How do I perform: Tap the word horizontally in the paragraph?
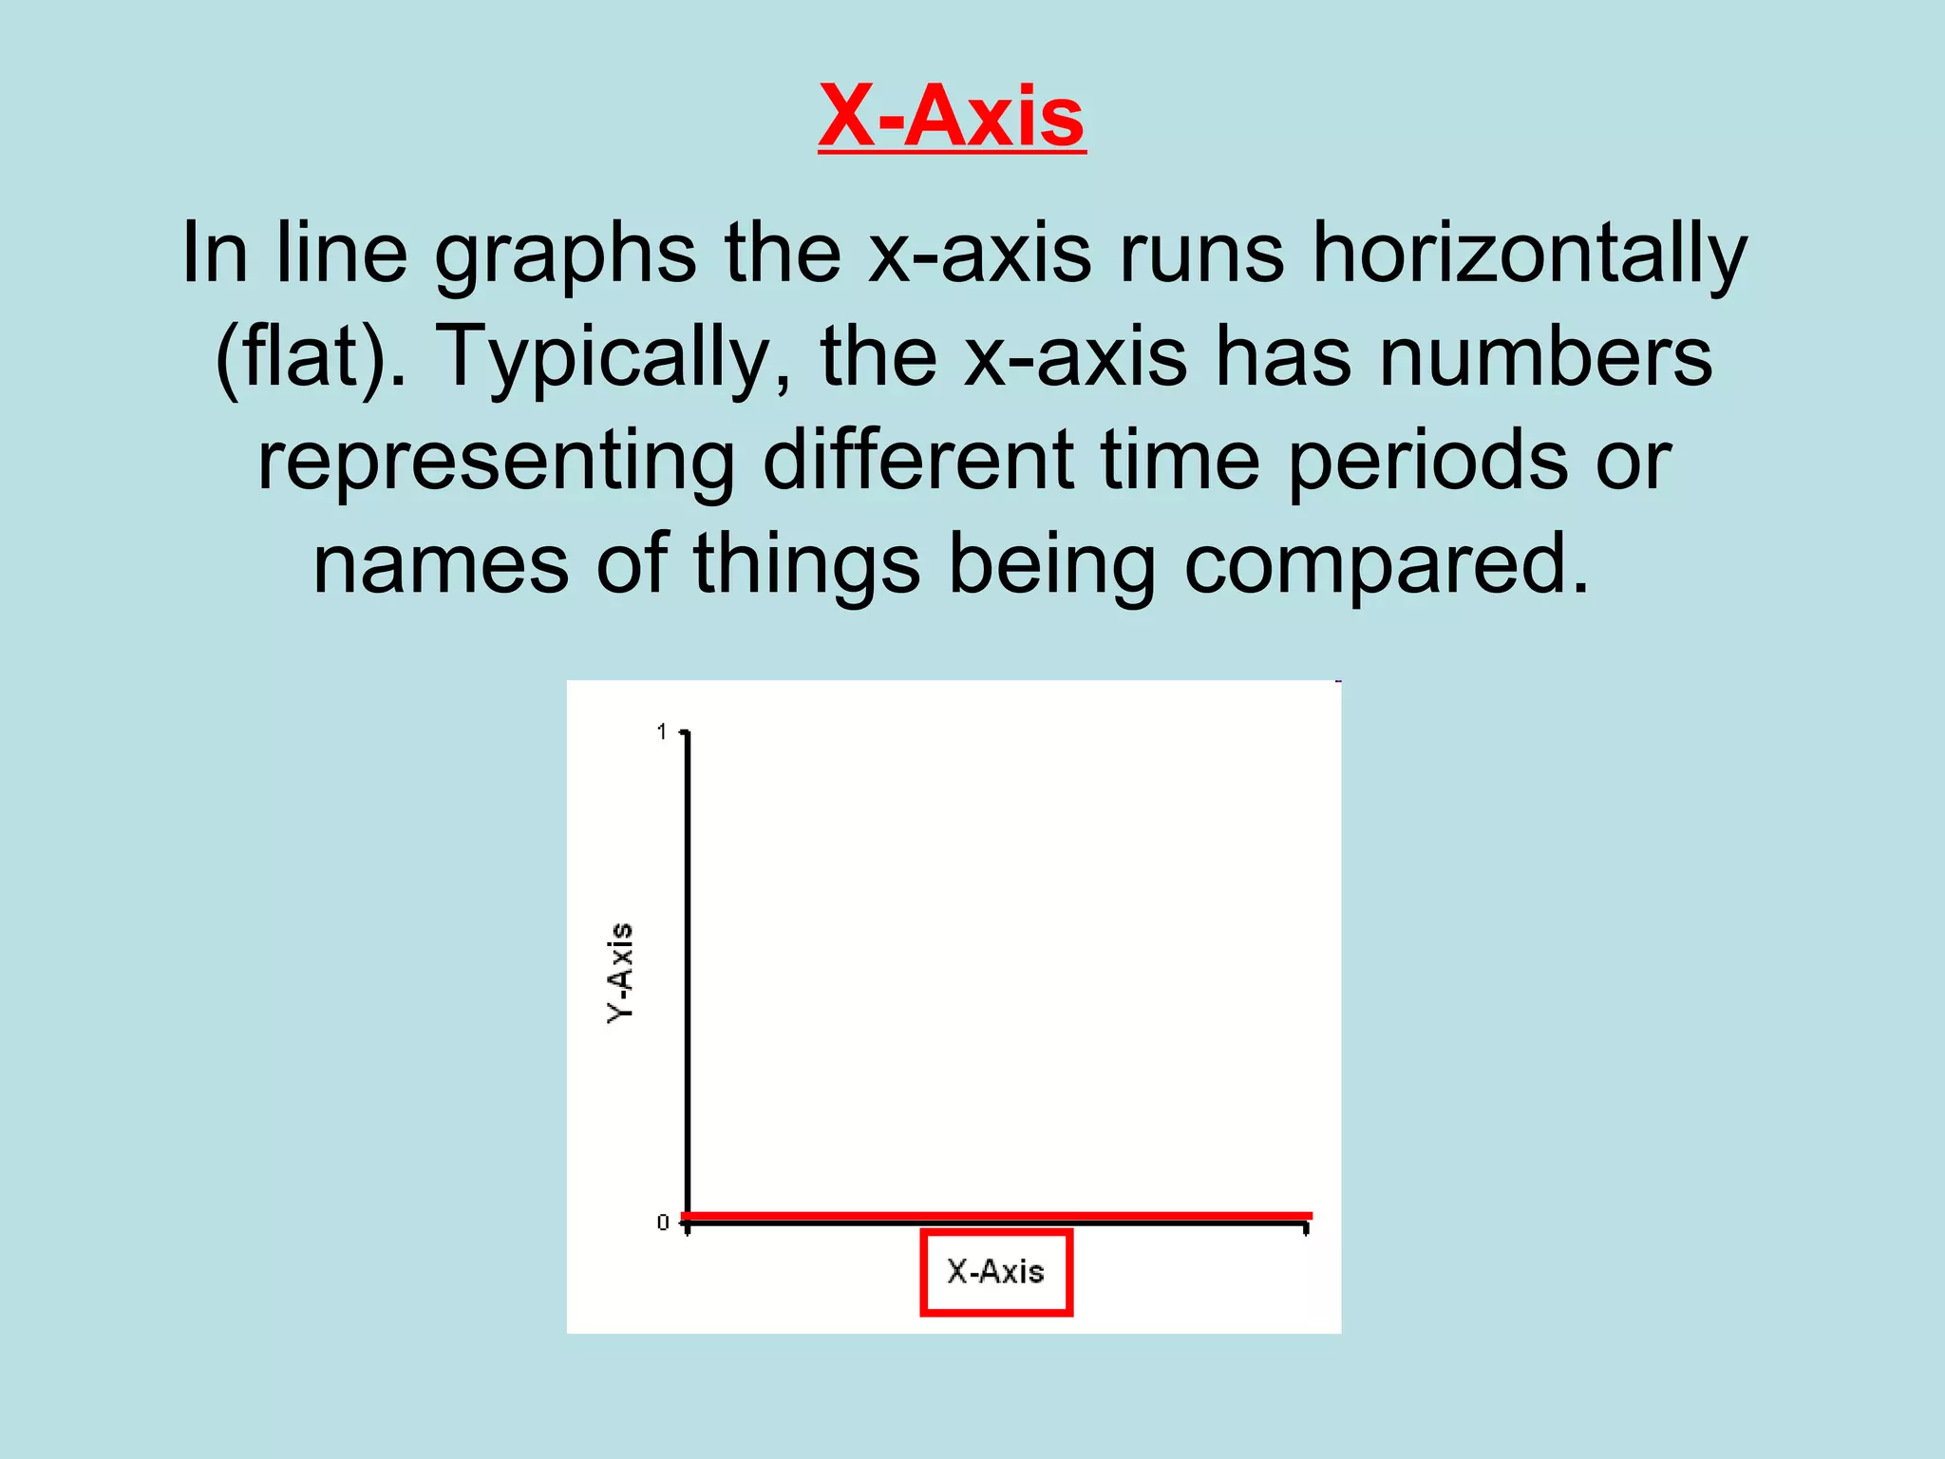pos(1529,255)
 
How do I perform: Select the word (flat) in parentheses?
pos(302,357)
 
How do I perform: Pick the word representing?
pos(496,461)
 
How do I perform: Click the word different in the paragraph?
pos(918,461)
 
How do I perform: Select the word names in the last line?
pos(441,564)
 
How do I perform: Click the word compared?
pos(1386,566)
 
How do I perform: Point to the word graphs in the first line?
pos(565,255)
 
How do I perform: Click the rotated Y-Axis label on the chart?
pos(620,973)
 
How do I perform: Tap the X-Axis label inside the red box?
pos(995,1272)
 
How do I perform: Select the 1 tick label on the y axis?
pos(662,731)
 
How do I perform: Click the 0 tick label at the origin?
pos(663,1222)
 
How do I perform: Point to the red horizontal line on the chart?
pos(997,1215)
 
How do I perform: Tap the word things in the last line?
pos(807,564)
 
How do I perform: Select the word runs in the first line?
pos(1201,255)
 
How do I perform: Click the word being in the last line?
pos(1052,566)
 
